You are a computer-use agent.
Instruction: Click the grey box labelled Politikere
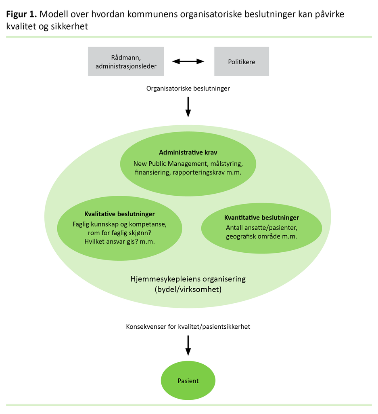coord(241,61)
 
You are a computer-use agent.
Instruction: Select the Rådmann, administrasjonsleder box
coord(126,61)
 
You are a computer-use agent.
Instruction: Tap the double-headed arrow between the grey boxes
coord(188,61)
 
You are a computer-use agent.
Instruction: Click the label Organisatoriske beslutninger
coord(188,88)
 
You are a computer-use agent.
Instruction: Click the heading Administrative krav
coord(188,152)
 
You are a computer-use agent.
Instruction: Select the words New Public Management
coord(170,164)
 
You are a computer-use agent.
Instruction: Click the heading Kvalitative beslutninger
coord(119,214)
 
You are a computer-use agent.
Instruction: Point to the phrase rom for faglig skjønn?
coord(119,232)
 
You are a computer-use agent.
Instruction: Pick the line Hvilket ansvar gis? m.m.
coord(119,241)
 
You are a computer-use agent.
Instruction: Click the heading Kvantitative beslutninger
coord(262,218)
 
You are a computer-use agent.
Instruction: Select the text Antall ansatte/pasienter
coord(262,228)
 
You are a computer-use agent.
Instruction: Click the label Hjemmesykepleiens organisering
coord(188,279)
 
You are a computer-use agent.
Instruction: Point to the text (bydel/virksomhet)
coord(188,289)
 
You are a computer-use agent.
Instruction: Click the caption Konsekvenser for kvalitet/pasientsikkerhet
coord(188,326)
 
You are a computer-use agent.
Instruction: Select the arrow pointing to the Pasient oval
coord(188,346)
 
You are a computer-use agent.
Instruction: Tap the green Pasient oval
coord(188,381)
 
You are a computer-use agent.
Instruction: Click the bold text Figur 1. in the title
coord(21,15)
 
